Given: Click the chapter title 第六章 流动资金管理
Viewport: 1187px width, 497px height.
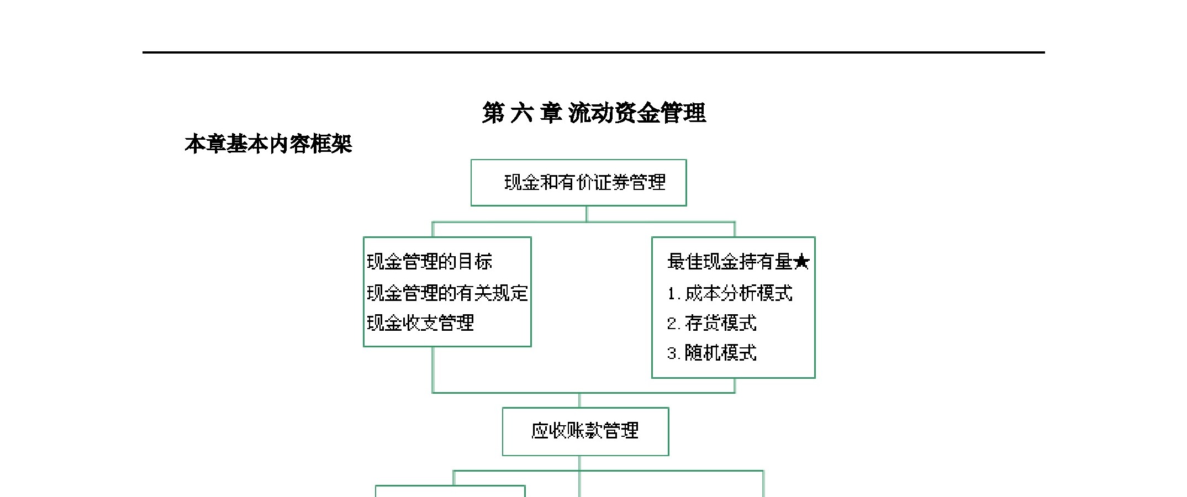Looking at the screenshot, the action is (594, 113).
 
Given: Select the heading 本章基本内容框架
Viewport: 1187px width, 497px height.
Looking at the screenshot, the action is (268, 144).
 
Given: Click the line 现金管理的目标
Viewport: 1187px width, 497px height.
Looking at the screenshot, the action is (429, 262).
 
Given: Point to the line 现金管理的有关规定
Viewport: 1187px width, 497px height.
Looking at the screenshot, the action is (447, 293).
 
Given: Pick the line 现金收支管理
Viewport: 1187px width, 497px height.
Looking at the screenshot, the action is (420, 323).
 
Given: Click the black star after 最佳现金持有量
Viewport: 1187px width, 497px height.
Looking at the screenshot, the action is (801, 262).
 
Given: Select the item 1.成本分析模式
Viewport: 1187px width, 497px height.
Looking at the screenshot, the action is (730, 293).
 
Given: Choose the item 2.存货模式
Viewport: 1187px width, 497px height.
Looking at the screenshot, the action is (711, 323).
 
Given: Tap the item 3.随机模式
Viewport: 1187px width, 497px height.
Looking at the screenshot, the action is (711, 353).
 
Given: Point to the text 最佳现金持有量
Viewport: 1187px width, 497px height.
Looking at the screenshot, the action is (730, 262).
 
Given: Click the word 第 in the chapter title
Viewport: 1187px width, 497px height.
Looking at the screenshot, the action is (493, 113).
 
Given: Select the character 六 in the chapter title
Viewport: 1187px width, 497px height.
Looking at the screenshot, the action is (522, 113).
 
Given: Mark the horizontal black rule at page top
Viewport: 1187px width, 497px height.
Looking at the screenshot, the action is (594, 52).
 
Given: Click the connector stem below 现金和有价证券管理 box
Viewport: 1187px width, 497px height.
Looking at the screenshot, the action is (586, 214).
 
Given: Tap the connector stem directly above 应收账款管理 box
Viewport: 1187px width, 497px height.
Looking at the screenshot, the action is (579, 400).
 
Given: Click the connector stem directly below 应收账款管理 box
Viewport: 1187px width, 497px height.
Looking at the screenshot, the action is (579, 463).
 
